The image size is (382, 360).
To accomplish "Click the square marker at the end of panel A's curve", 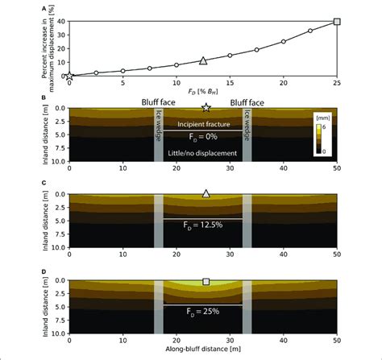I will pyautogui.click(x=337, y=22).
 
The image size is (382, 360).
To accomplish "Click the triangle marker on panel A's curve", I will pyautogui.click(x=203, y=60).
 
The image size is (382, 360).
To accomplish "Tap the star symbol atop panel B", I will pyautogui.click(x=206, y=107).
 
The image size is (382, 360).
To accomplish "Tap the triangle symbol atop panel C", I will pyautogui.click(x=206, y=193).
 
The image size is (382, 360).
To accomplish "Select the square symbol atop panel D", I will pyautogui.click(x=206, y=282).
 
